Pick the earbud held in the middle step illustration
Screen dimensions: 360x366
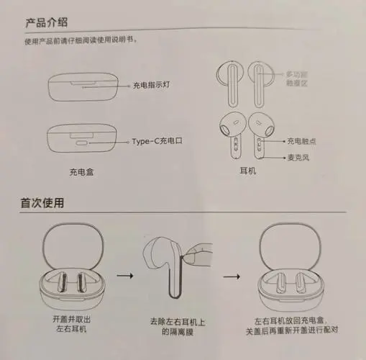[x=167, y=263]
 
